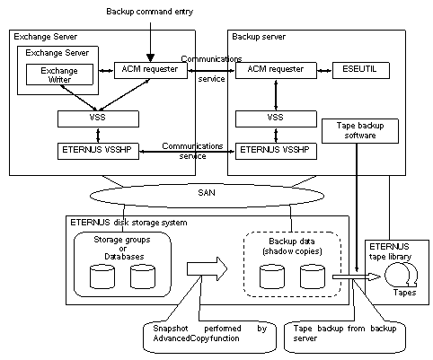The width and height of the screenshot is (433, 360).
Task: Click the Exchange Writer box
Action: click(59, 75)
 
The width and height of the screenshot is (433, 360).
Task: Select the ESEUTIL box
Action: click(361, 70)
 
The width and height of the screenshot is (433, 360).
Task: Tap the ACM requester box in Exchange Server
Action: click(151, 70)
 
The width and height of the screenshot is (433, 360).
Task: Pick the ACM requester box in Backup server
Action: click(276, 70)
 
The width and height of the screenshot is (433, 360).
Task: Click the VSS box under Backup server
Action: click(276, 119)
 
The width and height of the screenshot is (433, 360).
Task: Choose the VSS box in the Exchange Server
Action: click(98, 119)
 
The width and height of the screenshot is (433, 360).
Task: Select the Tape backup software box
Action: click(360, 131)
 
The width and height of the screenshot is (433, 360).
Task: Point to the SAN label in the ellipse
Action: click(207, 192)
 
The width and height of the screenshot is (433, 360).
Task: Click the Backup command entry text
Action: click(150, 12)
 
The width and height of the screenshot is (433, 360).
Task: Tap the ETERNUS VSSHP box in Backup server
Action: click(276, 151)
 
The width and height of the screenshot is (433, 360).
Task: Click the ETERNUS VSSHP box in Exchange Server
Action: click(98, 151)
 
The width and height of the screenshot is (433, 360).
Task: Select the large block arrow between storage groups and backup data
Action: click(208, 268)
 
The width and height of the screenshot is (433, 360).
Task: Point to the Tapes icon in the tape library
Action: click(402, 274)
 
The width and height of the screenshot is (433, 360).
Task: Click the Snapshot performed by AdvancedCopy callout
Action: click(209, 337)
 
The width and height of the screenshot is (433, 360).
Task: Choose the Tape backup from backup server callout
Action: click(345, 337)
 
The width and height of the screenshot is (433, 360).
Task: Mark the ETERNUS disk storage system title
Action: click(128, 223)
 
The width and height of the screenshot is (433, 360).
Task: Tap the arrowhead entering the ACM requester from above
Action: click(150, 57)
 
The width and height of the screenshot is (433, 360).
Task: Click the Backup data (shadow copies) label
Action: click(292, 246)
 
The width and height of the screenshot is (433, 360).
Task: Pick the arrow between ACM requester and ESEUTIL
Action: click(324, 71)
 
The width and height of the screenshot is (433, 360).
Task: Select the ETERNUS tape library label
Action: click(391, 251)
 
